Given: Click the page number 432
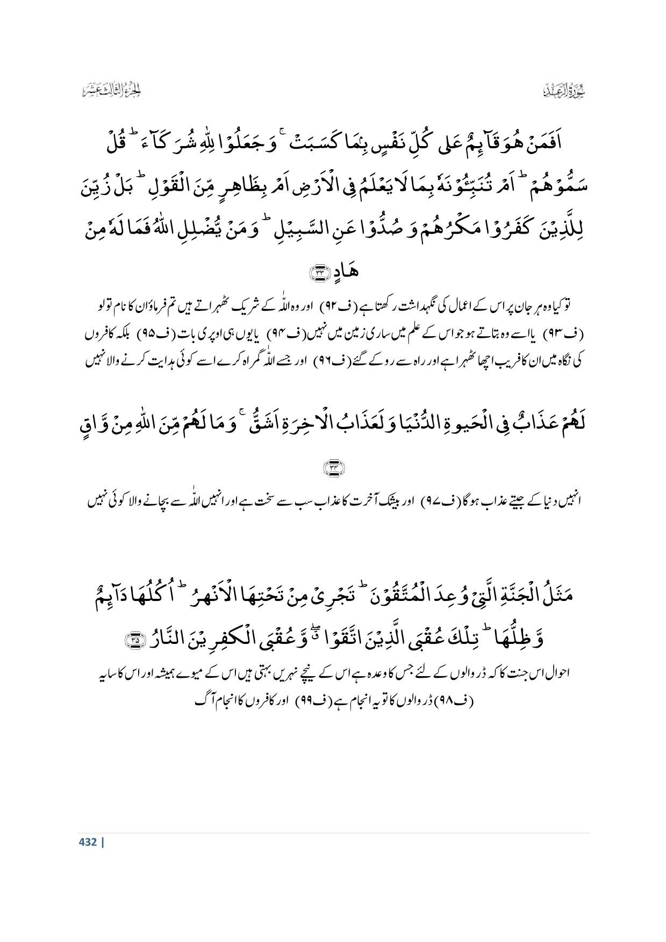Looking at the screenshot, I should coord(88,842).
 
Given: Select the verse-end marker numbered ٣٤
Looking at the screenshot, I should coord(333,468).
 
